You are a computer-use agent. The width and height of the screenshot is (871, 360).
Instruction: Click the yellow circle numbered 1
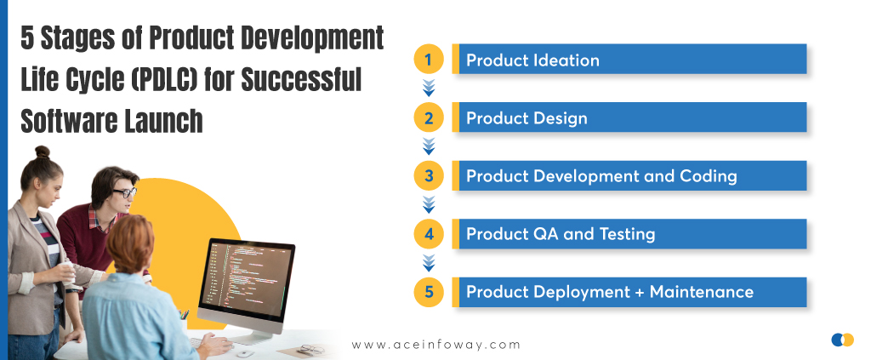pos(429,60)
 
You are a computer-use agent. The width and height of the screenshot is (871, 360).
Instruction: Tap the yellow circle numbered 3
pos(429,176)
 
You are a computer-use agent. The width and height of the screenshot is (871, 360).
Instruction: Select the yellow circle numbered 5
pos(429,292)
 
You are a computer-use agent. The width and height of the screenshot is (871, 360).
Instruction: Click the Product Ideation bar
pos(629,59)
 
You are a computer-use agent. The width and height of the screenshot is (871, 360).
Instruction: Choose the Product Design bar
pos(629,117)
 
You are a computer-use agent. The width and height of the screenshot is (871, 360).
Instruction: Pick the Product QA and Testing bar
pos(629,234)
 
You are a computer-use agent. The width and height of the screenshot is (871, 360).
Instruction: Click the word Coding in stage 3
pos(709,177)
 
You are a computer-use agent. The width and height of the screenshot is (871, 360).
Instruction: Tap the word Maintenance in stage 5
pos(702,292)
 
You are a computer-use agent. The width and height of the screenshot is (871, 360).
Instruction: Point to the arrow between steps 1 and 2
pos(429,88)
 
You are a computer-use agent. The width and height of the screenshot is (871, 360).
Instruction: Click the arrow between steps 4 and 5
pos(429,263)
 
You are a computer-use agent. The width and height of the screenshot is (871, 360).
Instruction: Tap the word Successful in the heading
pos(301,79)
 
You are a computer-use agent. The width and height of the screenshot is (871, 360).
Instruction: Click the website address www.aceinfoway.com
pos(436,345)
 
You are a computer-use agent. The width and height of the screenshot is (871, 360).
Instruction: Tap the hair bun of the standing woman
pos(43,151)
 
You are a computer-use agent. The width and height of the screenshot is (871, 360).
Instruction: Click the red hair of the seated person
pos(129,243)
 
